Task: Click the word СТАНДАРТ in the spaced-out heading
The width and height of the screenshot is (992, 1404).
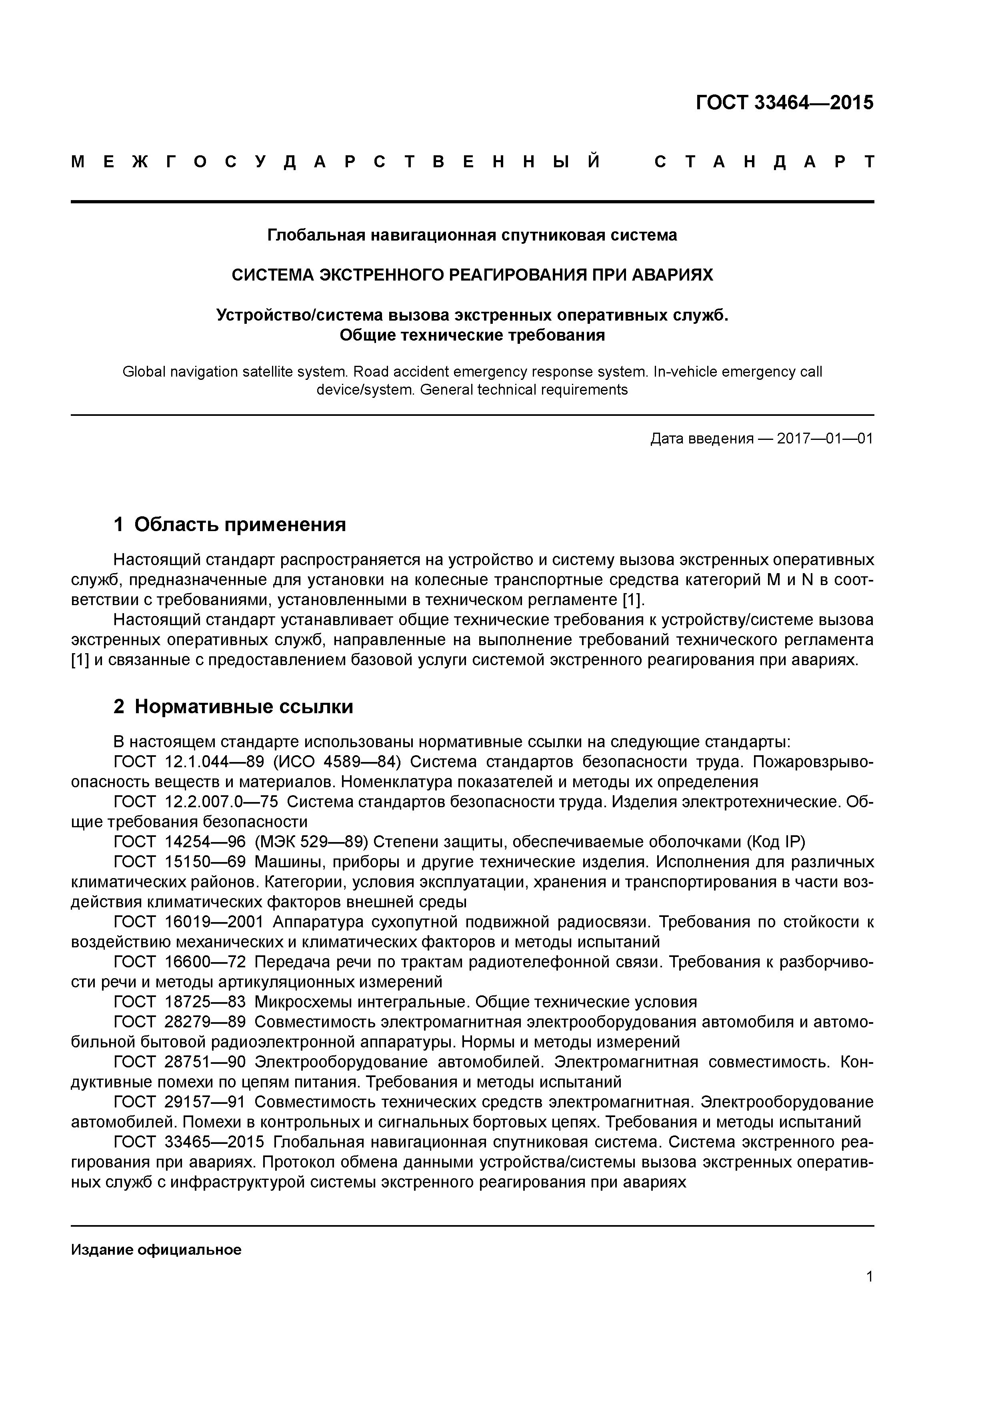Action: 764,162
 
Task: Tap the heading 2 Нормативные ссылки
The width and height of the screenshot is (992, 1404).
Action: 234,706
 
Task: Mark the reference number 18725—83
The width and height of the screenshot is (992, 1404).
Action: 205,1002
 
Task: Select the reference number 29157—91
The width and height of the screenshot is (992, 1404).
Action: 205,1102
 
